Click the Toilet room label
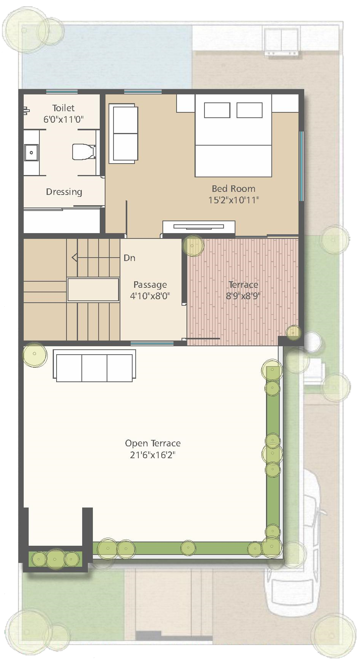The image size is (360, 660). click(63, 108)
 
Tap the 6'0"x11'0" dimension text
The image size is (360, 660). click(63, 119)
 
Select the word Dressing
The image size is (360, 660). click(64, 192)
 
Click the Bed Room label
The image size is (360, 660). click(234, 188)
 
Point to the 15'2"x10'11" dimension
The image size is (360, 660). click(234, 200)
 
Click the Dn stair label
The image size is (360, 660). click(130, 258)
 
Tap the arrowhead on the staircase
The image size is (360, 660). click(75, 258)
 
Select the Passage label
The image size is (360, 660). click(150, 285)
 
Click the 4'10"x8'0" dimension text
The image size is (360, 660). click(150, 296)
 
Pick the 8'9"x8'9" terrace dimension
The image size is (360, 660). click(243, 296)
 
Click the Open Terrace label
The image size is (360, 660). click(153, 443)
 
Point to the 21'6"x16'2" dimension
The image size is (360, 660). click(153, 455)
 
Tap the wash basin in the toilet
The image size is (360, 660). click(31, 152)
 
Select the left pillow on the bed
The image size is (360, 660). click(217, 110)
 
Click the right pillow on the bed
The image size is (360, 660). click(250, 110)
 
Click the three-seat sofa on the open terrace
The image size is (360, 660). click(94, 366)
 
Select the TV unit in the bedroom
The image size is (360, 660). click(198, 227)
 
